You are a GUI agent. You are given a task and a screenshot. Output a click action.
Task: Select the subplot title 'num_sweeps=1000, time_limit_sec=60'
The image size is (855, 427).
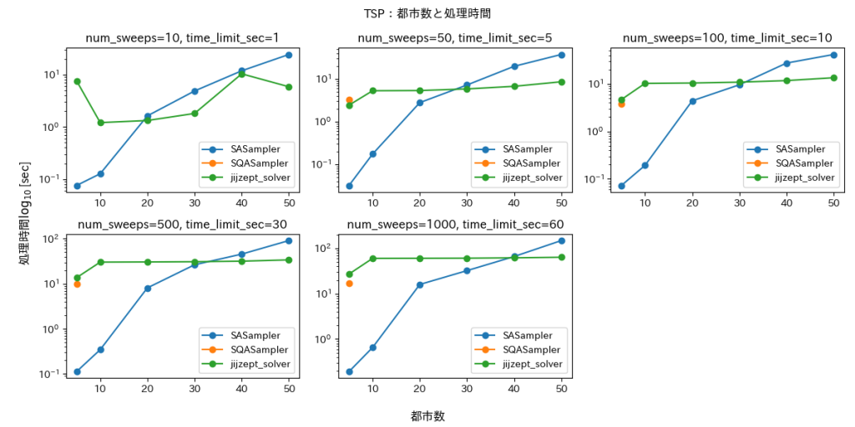[455, 224]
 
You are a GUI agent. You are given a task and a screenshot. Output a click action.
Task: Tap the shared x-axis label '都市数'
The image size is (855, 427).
[427, 415]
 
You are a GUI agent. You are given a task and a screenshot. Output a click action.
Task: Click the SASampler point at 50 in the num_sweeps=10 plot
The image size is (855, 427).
[289, 55]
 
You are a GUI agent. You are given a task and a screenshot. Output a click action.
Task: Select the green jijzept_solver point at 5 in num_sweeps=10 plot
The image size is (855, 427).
[77, 82]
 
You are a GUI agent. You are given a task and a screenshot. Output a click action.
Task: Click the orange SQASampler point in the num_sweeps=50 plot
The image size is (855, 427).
[349, 100]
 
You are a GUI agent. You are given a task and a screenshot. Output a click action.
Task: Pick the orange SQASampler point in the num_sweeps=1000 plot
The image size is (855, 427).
[349, 284]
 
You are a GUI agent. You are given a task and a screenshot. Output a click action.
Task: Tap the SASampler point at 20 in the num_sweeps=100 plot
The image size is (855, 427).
[693, 101]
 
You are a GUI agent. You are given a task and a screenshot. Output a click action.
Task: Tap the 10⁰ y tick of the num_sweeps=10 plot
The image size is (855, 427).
[52, 127]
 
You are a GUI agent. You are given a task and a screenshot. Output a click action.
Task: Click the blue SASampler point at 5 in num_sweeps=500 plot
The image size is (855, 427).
[77, 372]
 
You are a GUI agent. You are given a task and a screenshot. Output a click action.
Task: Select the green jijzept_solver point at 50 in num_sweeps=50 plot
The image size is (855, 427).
[561, 82]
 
